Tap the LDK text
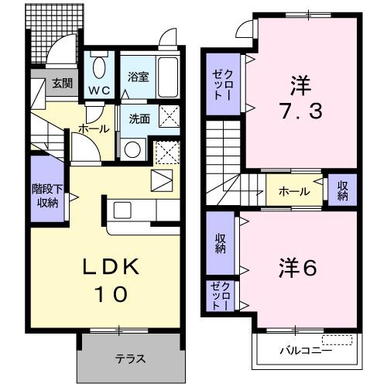[x=111, y=268]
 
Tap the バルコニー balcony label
[x=306, y=350]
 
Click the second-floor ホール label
[x=294, y=191]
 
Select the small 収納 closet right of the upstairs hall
[x=341, y=190]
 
